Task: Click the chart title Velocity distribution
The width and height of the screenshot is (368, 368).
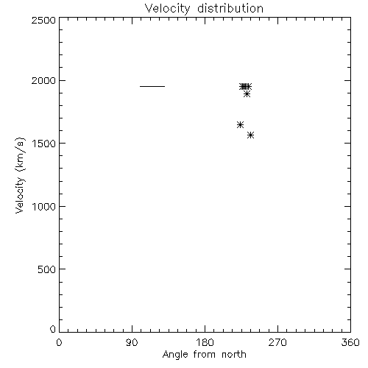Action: coord(204,9)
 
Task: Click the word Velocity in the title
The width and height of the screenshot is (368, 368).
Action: coord(167,9)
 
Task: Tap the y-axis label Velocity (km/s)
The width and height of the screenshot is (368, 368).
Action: coord(20,175)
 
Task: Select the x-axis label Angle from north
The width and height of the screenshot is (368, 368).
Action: coord(204,354)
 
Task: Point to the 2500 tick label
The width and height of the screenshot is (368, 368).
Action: coord(43,20)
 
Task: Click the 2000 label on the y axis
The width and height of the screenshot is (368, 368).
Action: coord(43,80)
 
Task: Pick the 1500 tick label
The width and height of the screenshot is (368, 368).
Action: coord(43,144)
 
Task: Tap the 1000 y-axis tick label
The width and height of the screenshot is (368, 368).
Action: coord(43,207)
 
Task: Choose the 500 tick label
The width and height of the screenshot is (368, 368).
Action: coord(47,269)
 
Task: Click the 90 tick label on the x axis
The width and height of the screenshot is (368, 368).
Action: coord(132,342)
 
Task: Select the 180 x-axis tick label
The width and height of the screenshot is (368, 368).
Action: coord(205,342)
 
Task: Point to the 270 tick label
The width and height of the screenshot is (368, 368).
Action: coord(277,342)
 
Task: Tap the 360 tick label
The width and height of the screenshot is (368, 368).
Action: coord(350,342)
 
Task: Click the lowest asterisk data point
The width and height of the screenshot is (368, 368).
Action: coord(250,135)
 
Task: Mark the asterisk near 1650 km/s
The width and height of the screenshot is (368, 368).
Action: coord(240,124)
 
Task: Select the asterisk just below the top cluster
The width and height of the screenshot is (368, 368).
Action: coord(247,93)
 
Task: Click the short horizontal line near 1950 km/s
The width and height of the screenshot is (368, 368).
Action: coord(152,86)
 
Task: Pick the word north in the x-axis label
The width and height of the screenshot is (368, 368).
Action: coord(234,354)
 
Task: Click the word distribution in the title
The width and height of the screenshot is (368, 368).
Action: coord(230,9)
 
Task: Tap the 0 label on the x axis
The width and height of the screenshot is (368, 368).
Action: coord(59,342)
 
